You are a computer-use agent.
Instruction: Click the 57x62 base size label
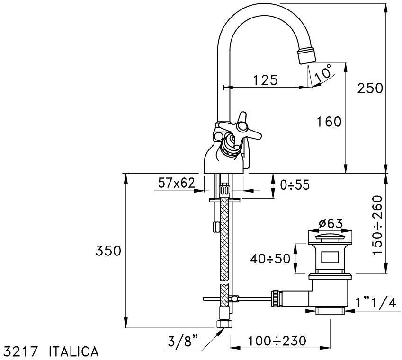click(x=176, y=184)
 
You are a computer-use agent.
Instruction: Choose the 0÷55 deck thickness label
click(x=295, y=185)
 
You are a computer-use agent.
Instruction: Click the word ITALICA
click(x=73, y=351)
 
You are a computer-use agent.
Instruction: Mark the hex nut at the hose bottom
click(x=223, y=324)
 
